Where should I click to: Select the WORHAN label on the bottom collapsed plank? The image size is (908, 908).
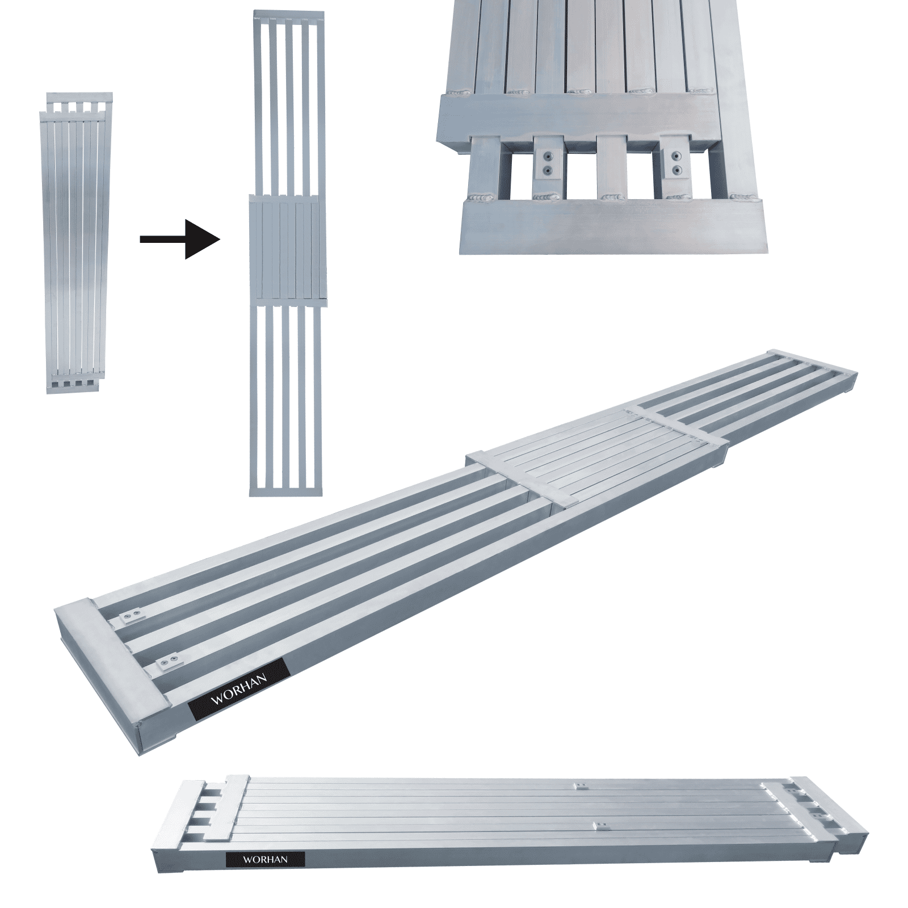tap(265, 859)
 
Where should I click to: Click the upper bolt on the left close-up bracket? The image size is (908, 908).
tap(548, 156)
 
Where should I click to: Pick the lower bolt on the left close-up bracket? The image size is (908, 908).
tap(548, 169)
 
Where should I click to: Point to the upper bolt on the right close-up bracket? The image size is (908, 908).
tap(675, 156)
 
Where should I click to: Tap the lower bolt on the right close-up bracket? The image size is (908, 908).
tap(675, 169)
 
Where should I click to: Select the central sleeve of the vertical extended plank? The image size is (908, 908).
tap(288, 248)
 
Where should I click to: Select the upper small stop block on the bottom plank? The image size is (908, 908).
tap(579, 787)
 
